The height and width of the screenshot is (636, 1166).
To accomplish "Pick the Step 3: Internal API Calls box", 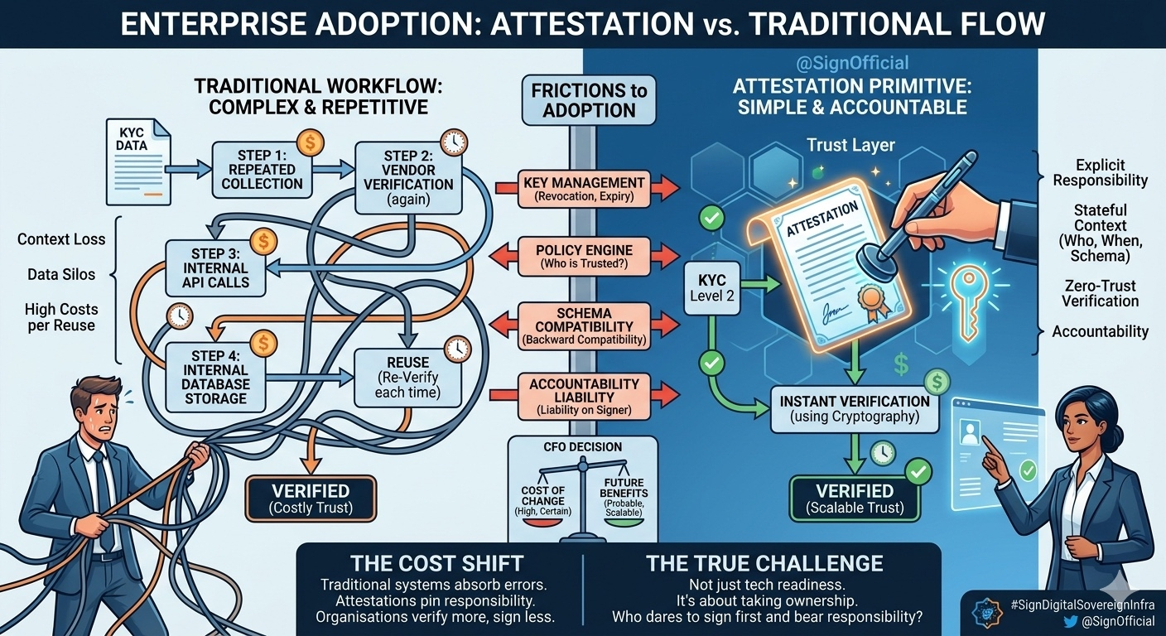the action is click(215, 267).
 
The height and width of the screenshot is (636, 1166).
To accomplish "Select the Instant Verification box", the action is click(855, 408).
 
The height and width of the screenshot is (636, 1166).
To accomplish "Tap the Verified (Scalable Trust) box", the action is click(855, 498).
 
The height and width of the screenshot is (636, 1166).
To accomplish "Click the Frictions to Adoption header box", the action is click(589, 99).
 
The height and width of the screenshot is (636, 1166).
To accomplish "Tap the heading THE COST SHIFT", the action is click(436, 564).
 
